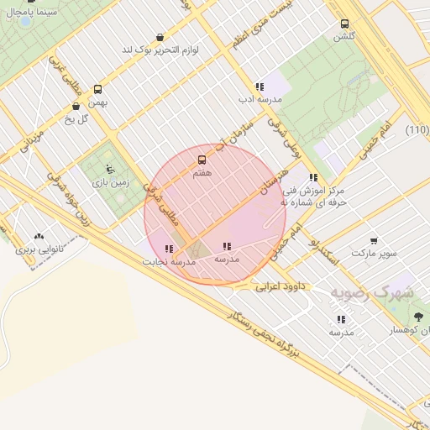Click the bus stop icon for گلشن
344,24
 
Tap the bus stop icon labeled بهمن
98,89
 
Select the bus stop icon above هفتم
202,160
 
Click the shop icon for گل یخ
77,106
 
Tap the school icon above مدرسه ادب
260,87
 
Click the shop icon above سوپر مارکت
373,240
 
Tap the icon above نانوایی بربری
39,237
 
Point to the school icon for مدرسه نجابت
170,249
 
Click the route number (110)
417,129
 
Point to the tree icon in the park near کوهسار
418,317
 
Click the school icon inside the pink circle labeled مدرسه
227,246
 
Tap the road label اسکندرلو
324,249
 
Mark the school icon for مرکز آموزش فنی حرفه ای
313,178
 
